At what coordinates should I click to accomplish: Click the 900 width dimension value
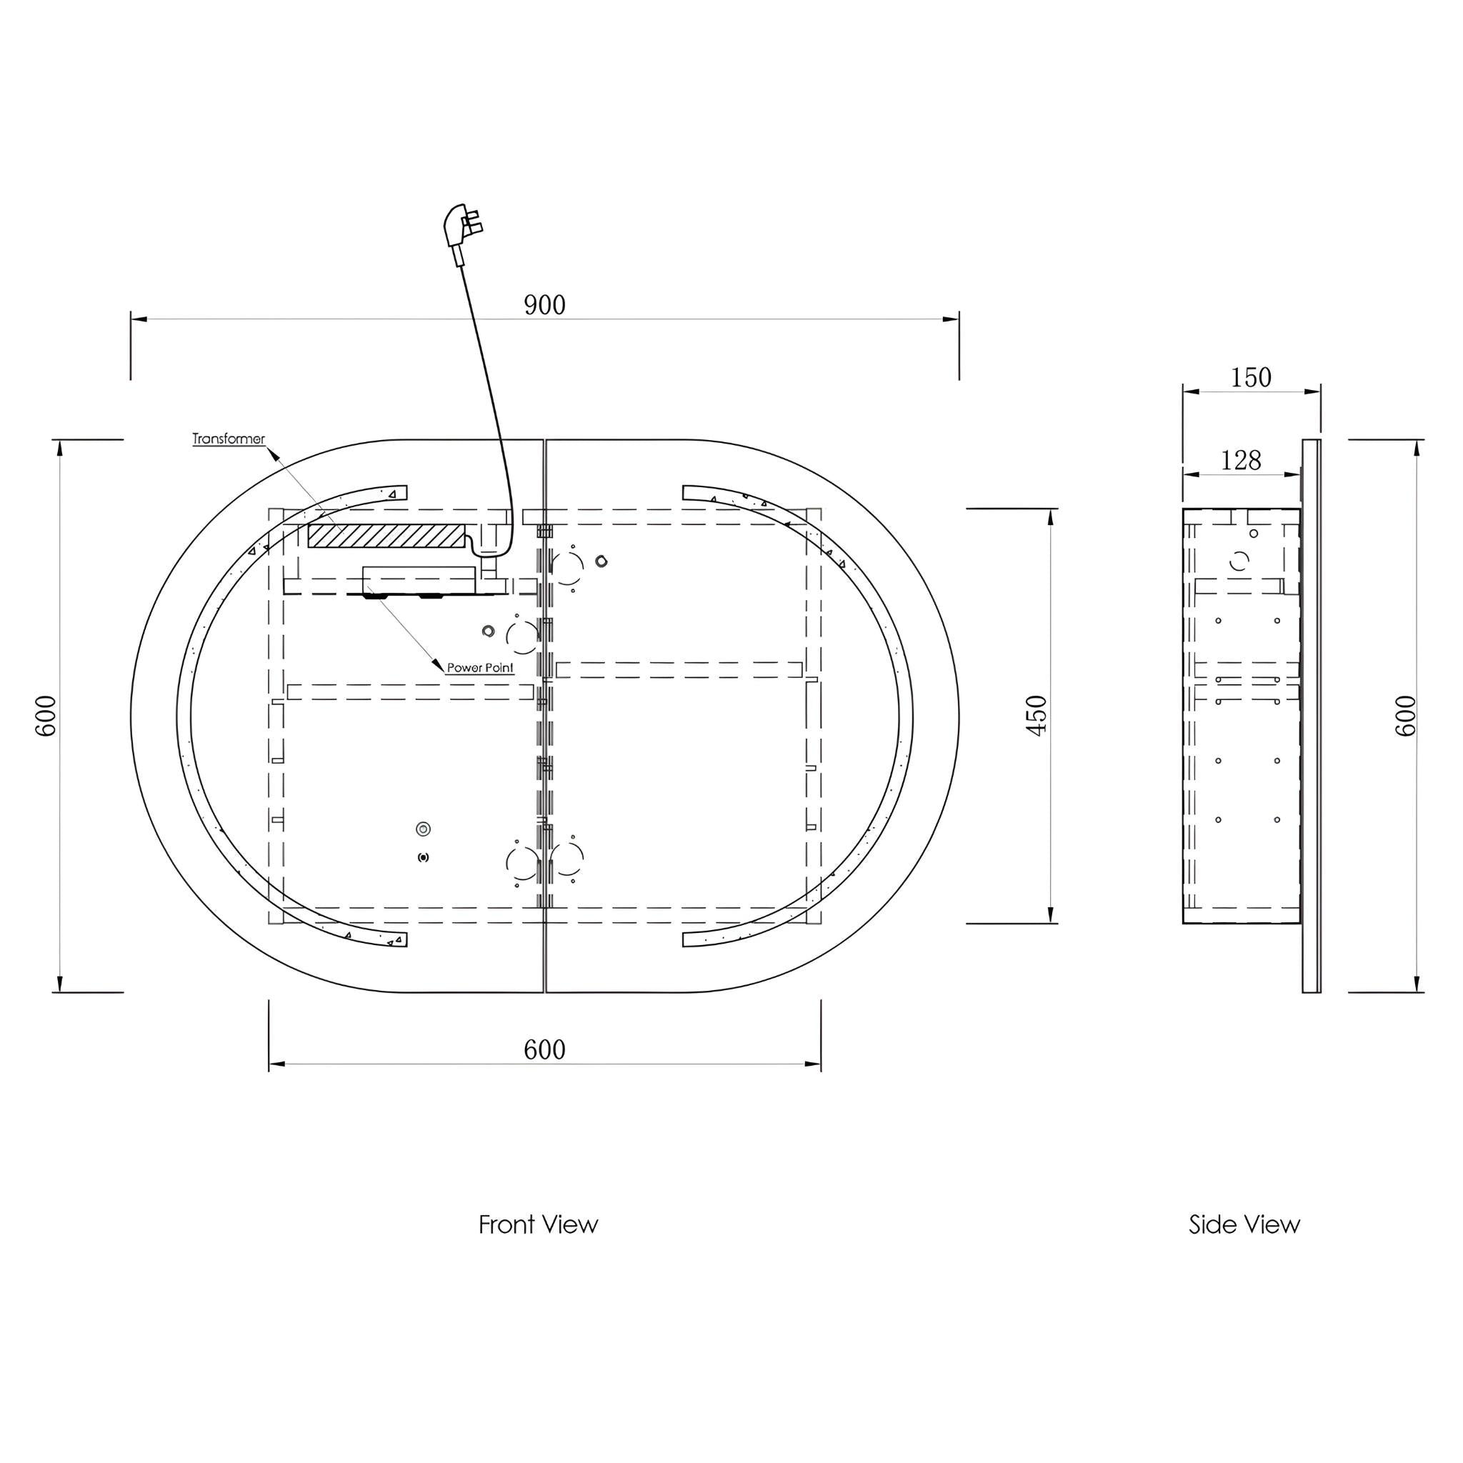pos(544,304)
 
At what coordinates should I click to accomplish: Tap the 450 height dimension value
pos(1036,715)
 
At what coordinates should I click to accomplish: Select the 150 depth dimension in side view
pos(1251,377)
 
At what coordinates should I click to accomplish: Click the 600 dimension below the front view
pos(544,1049)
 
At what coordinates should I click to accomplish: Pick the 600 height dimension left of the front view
pos(46,716)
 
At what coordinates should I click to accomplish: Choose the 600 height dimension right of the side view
pos(1404,716)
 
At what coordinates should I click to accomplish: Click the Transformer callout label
pos(229,439)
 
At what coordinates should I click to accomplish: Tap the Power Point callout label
pos(480,668)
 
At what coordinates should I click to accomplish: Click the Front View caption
pos(539,1224)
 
